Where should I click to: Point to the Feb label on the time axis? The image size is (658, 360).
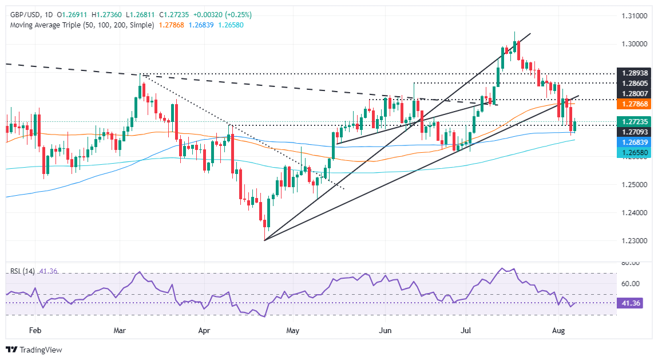click(x=35, y=331)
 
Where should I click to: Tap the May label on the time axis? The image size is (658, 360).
click(x=292, y=331)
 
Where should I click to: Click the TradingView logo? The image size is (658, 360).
click(x=34, y=349)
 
